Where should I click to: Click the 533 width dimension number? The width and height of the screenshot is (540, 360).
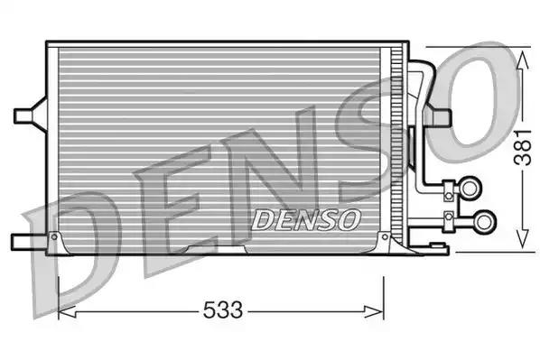(x=221, y=311)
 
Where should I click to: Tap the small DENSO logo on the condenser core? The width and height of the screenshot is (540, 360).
(x=305, y=218)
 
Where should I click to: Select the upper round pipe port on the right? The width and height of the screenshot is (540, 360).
(x=470, y=188)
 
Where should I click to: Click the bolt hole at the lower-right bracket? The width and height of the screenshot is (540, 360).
(x=386, y=237)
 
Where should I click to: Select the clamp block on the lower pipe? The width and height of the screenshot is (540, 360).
(x=448, y=219)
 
